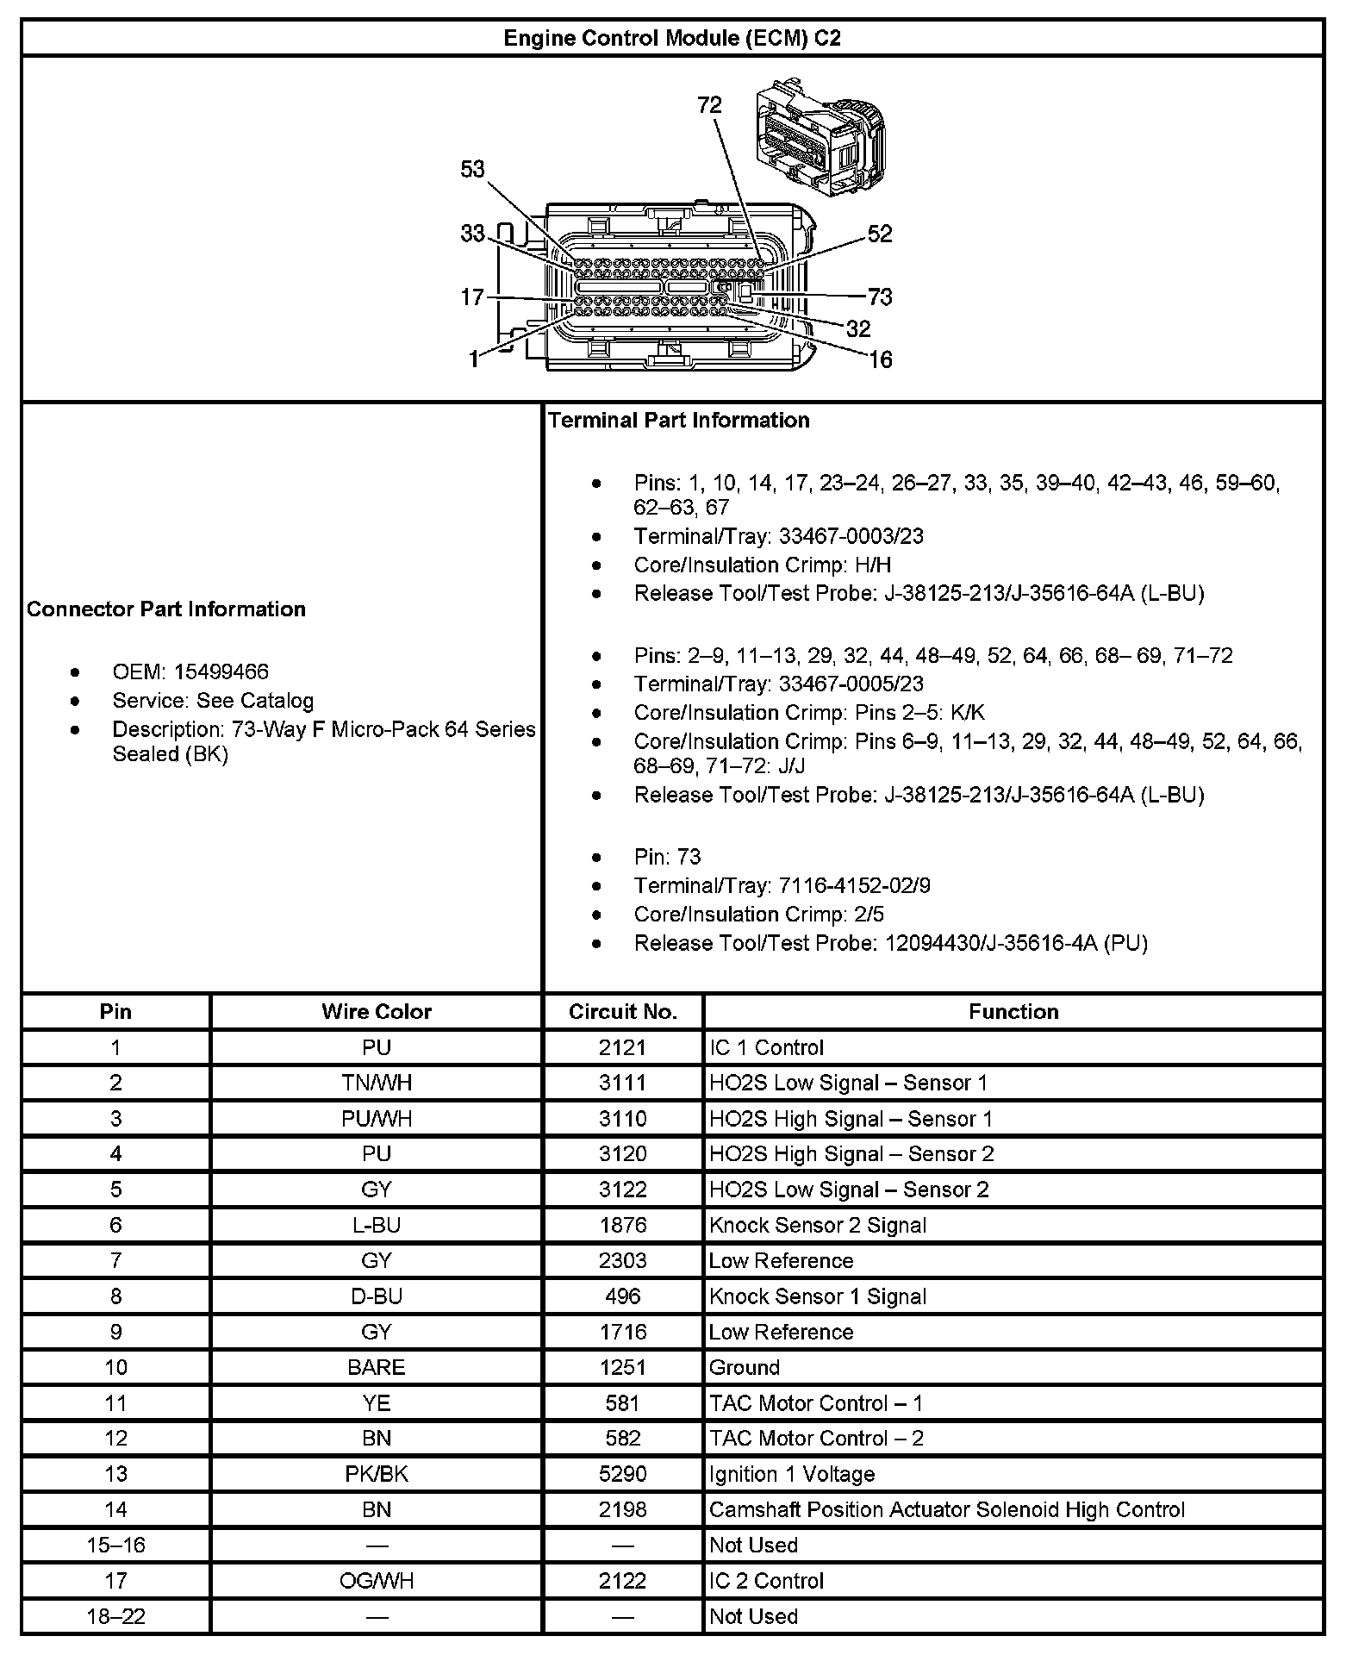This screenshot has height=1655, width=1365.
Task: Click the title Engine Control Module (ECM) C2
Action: point(672,39)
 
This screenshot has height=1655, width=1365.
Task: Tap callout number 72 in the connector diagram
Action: point(709,105)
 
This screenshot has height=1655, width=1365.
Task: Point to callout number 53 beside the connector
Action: point(472,169)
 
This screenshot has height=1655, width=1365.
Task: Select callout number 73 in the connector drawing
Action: point(880,297)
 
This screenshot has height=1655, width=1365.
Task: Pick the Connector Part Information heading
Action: point(166,609)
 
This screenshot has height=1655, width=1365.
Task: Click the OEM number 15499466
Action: point(221,671)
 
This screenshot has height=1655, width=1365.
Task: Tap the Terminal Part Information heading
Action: point(679,421)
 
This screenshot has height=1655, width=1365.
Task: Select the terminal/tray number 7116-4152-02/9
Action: point(854,885)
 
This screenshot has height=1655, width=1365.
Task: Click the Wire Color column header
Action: point(377,1011)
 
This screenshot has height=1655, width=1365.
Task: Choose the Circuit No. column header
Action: point(623,1011)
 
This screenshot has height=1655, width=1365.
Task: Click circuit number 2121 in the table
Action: point(623,1047)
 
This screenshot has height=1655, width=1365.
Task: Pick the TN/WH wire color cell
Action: point(377,1083)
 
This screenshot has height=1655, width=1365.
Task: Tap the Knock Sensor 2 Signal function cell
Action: point(817,1225)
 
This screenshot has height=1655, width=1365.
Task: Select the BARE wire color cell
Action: point(377,1367)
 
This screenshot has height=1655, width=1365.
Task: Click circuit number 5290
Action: point(623,1474)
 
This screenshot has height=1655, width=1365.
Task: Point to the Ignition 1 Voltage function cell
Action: point(791,1474)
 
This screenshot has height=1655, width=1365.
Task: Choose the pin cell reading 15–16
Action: point(115,1545)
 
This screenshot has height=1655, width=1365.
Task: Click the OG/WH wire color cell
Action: point(377,1581)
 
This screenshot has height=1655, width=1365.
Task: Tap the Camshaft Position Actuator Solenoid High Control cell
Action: point(946,1509)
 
